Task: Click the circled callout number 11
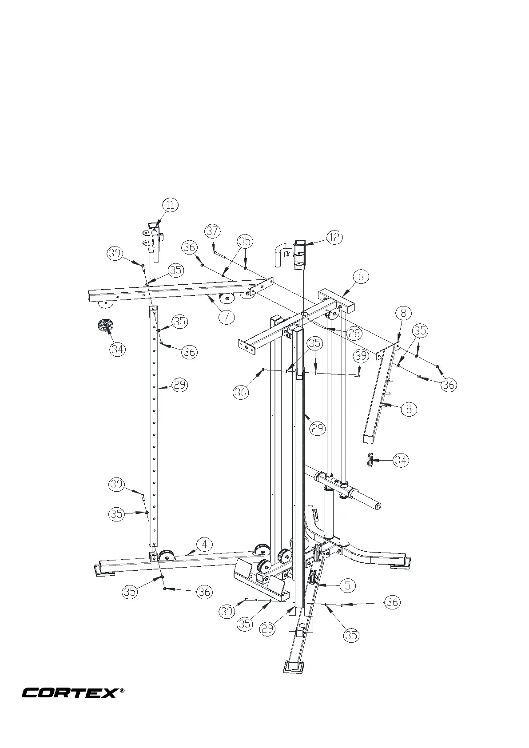click(170, 205)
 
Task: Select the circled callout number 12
click(334, 237)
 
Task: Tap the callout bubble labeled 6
click(361, 276)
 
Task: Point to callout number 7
click(226, 317)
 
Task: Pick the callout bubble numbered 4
click(204, 544)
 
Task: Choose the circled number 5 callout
click(347, 585)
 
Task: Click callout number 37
click(212, 231)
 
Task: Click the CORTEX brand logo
click(70, 692)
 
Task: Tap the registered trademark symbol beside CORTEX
click(122, 691)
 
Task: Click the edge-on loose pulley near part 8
click(370, 460)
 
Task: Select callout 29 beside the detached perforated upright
click(179, 385)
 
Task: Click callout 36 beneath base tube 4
click(204, 591)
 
